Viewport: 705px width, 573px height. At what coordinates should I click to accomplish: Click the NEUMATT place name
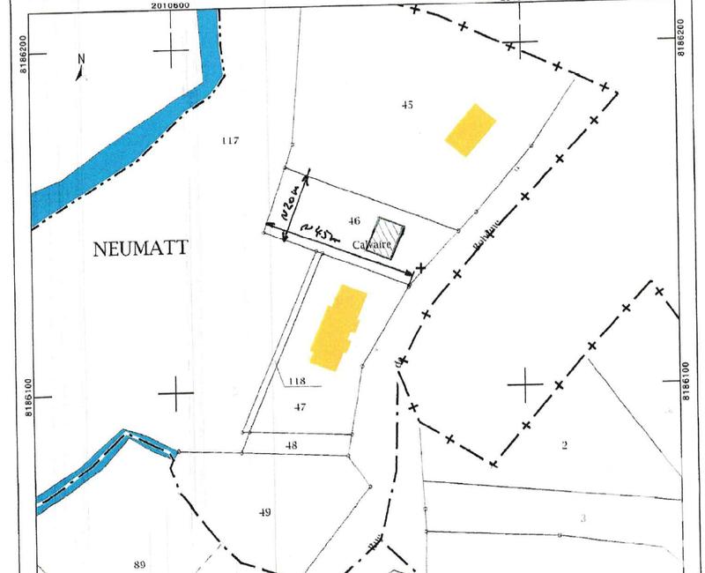141,249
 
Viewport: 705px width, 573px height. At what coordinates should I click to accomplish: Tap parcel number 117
231,140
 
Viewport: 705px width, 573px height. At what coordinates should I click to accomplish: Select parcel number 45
407,104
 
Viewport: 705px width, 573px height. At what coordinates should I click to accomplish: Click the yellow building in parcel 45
471,129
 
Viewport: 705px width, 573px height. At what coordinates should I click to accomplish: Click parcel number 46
355,220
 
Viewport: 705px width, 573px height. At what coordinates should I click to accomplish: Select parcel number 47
300,406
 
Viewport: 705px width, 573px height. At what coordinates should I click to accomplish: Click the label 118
296,382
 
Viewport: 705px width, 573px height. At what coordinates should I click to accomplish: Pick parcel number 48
292,446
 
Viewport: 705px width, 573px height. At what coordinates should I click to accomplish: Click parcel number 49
265,512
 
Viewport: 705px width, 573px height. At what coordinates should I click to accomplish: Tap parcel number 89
138,564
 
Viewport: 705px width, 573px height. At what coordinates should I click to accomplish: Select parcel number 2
564,445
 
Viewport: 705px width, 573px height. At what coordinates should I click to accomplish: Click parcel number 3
583,517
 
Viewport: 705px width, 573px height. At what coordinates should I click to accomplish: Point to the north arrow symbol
81,68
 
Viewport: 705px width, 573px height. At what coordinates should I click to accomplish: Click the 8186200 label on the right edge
683,39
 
